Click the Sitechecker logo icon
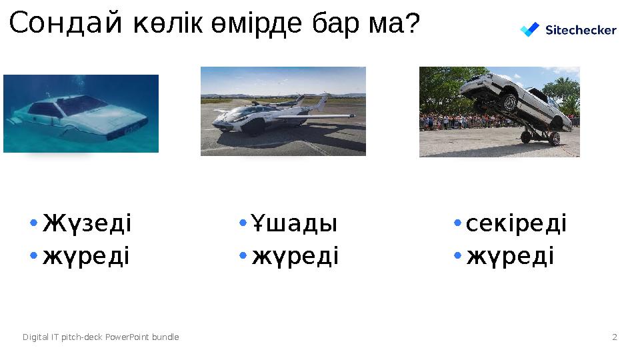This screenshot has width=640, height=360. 529,30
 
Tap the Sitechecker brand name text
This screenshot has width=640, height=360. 581,30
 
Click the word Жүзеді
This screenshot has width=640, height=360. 87,223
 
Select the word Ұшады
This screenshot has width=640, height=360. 295,223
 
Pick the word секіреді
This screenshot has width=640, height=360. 516,223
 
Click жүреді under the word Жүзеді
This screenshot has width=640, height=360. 87,255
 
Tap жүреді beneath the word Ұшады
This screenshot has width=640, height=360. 295,255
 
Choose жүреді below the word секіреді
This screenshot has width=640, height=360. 510,255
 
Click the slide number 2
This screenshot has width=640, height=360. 615,337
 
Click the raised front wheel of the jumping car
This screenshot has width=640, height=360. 510,102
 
